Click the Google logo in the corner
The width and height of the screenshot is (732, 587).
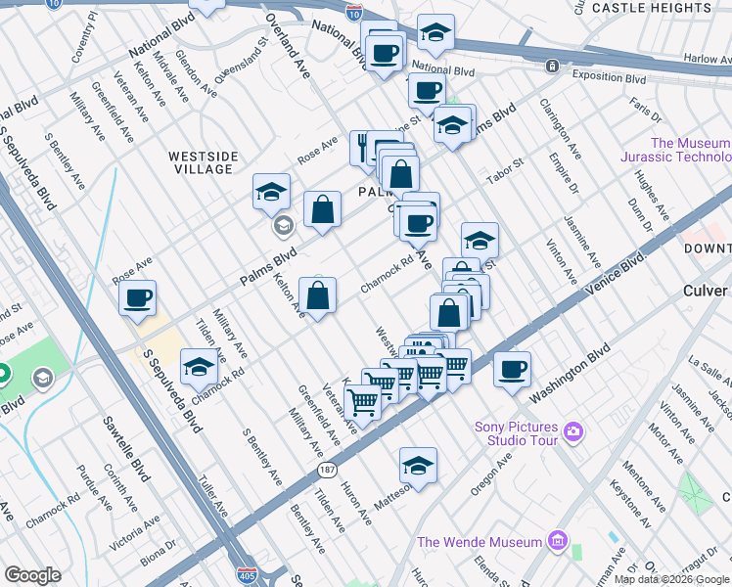(x=33, y=575)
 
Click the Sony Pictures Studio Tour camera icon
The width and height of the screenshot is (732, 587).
(x=573, y=430)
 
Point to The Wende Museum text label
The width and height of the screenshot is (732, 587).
(x=480, y=542)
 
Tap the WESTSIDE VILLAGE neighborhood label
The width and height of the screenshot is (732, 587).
(x=202, y=162)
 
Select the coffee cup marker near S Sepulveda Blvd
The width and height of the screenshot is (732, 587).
(x=138, y=297)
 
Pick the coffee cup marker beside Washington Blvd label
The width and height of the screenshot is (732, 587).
(x=512, y=370)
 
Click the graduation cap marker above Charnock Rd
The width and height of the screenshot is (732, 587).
(x=199, y=367)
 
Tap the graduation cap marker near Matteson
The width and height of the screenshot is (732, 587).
(x=418, y=466)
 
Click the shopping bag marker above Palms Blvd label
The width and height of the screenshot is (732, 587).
(x=322, y=208)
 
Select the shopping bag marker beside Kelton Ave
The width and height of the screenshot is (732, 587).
(x=318, y=295)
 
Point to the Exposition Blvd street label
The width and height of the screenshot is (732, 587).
(x=610, y=78)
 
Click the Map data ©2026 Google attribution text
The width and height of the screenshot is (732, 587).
(x=671, y=579)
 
